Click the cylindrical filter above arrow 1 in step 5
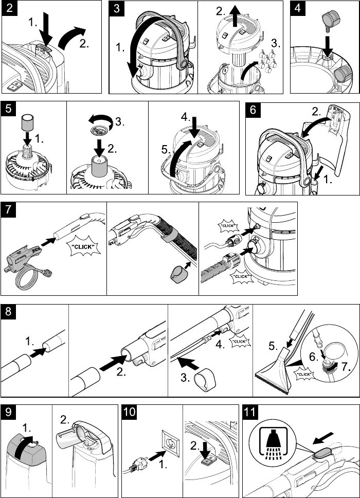(x=27, y=123)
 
